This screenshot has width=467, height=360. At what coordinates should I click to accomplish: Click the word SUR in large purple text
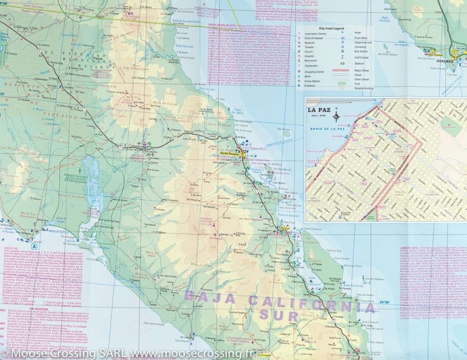[x=285, y=315]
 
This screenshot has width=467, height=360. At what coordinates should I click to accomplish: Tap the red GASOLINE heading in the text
[x=11, y=248]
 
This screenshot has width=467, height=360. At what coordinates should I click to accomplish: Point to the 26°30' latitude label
[x=388, y=301]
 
